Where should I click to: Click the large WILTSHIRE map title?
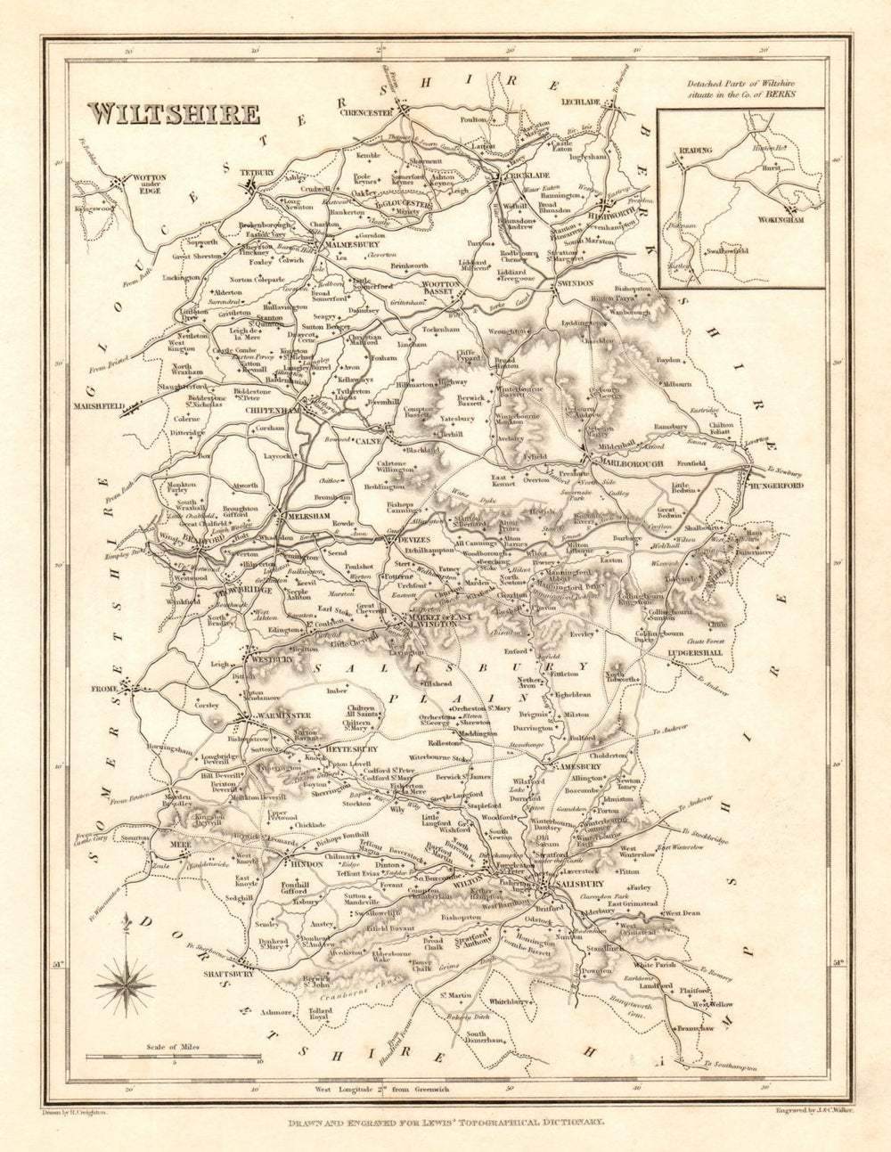[174, 115]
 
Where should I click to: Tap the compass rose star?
[125, 983]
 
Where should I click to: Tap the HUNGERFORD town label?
[774, 486]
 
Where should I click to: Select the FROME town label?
[105, 689]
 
